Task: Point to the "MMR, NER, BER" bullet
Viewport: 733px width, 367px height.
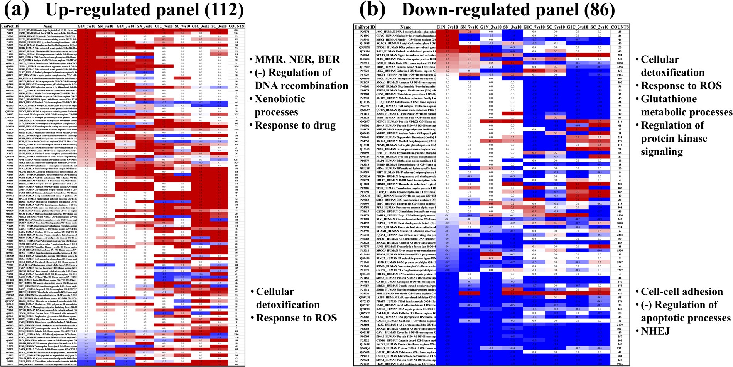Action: [297, 59]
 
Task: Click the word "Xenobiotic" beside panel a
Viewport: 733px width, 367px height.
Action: [280, 99]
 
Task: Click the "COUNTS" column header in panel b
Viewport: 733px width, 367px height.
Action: [619, 27]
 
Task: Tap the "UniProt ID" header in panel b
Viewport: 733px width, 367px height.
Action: [365, 27]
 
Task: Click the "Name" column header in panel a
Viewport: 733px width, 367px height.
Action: [48, 26]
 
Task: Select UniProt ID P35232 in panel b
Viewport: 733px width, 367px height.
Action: [365, 293]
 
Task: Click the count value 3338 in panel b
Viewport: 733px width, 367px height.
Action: [619, 67]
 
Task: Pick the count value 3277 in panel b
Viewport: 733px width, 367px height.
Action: [619, 270]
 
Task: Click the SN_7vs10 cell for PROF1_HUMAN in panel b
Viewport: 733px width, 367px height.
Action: [468, 75]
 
